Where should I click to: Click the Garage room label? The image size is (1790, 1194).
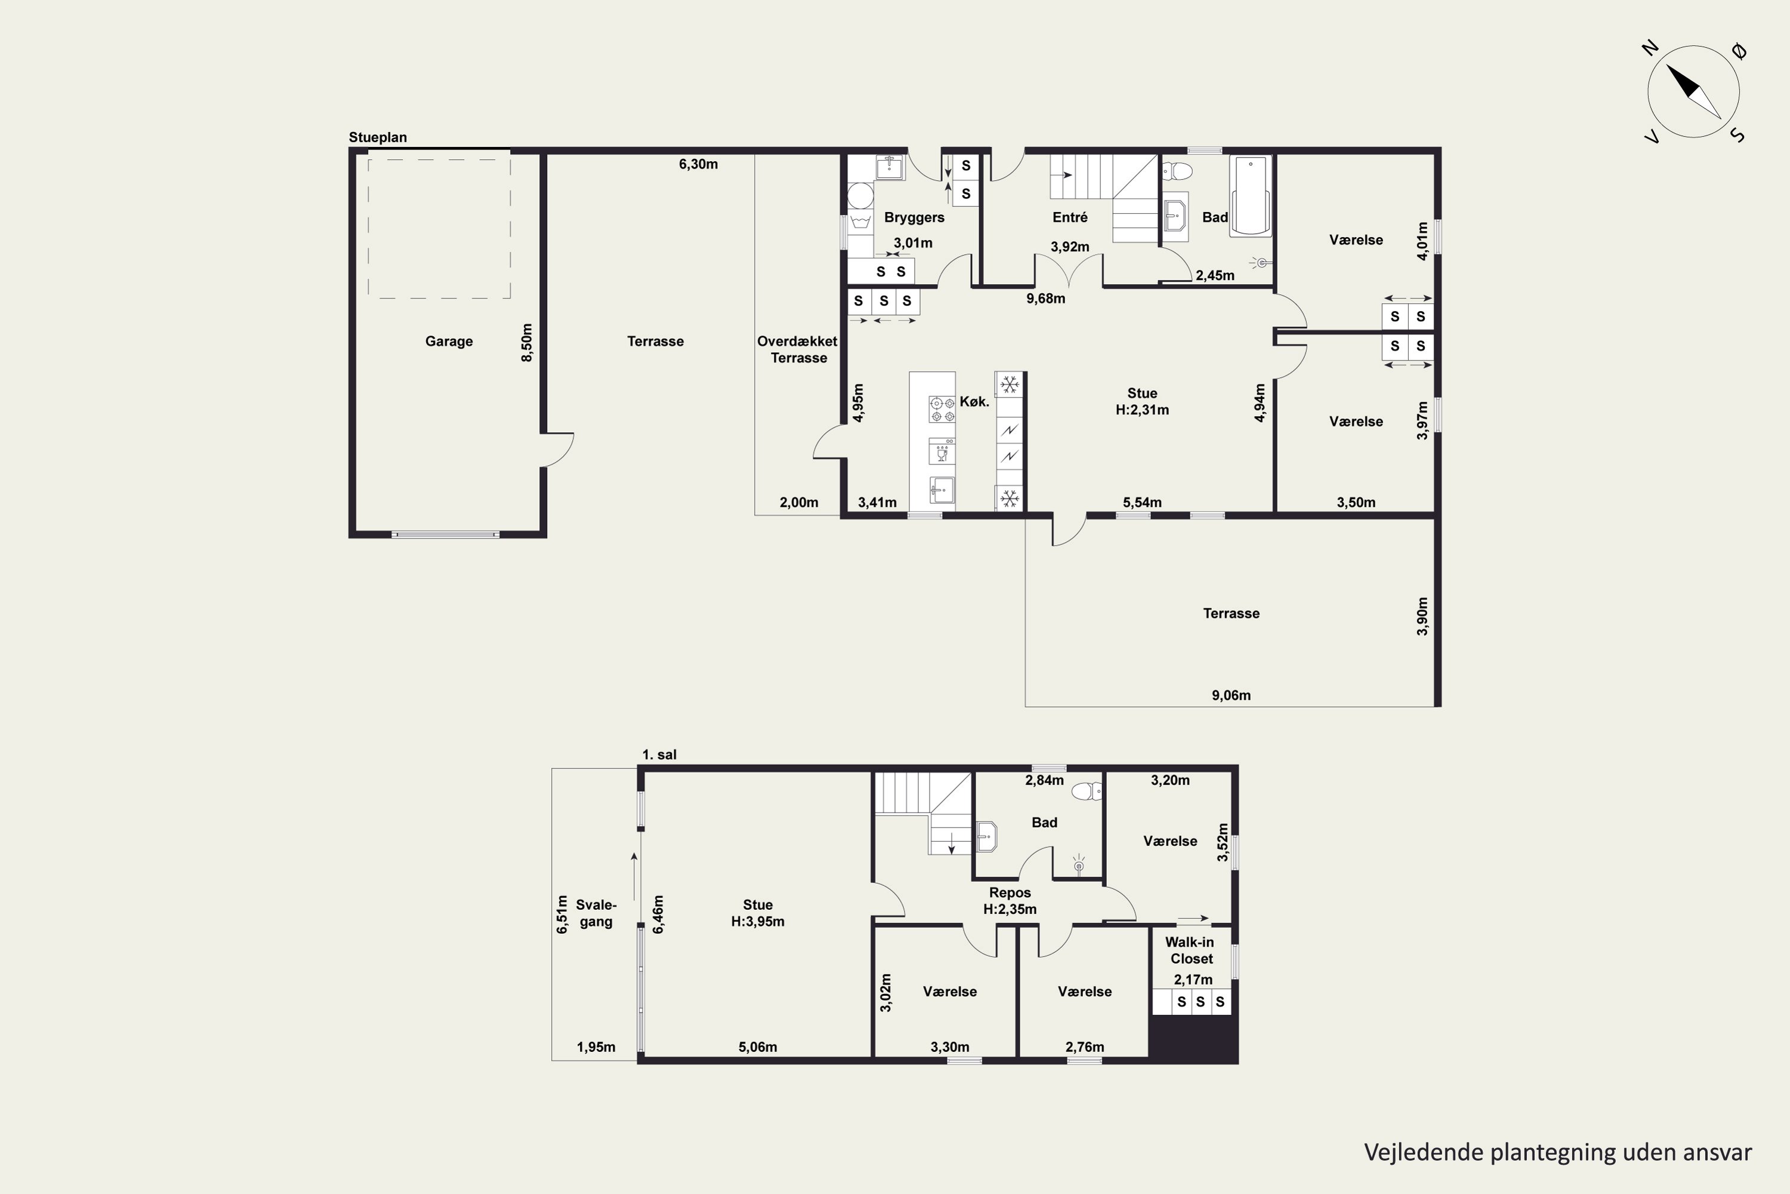[449, 341]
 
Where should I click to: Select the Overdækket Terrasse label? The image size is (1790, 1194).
[798, 349]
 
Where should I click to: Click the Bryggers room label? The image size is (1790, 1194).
[914, 218]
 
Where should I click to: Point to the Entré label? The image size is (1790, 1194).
[1070, 217]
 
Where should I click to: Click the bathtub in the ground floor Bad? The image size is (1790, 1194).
[1251, 196]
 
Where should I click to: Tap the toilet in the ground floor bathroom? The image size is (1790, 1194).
[1177, 170]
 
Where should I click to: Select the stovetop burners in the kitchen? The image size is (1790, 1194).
[942, 409]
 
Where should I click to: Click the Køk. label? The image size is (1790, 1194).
[974, 401]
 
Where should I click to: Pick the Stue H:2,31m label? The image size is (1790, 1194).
[1143, 401]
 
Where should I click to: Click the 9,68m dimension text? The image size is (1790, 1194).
[1046, 298]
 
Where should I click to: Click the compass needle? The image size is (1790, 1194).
[1693, 92]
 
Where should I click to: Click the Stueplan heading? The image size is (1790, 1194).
[378, 138]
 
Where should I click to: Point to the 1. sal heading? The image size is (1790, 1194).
[659, 755]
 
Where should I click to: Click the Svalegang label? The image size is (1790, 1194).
[596, 913]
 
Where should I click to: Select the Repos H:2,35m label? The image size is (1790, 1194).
[1010, 901]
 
